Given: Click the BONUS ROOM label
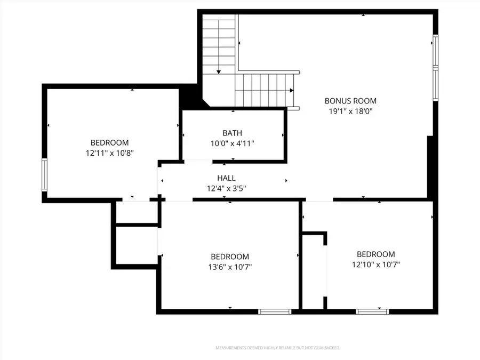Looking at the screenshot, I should (350, 101).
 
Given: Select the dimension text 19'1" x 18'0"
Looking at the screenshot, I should (350, 111).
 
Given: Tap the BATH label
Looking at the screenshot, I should (232, 133).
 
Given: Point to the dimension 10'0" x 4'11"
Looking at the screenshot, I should (232, 143).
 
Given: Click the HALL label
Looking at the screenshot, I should (226, 178).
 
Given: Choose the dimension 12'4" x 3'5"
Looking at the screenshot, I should (226, 188).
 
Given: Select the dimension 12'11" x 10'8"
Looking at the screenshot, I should (109, 153).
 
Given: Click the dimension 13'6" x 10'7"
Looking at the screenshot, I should (229, 267).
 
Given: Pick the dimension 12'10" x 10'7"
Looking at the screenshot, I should (375, 265).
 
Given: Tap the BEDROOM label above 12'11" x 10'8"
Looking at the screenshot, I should (109, 142).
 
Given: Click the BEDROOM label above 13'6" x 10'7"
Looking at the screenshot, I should (229, 257).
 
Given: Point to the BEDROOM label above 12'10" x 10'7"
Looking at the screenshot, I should (375, 254).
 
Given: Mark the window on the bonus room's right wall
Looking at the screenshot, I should (435, 68).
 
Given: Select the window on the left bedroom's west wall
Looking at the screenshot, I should (45, 175).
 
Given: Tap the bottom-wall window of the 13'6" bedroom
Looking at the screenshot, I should (274, 311).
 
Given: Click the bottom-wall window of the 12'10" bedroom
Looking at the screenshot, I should (372, 311).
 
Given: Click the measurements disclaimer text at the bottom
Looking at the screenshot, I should (277, 348).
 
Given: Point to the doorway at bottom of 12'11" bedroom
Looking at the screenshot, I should (135, 199).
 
